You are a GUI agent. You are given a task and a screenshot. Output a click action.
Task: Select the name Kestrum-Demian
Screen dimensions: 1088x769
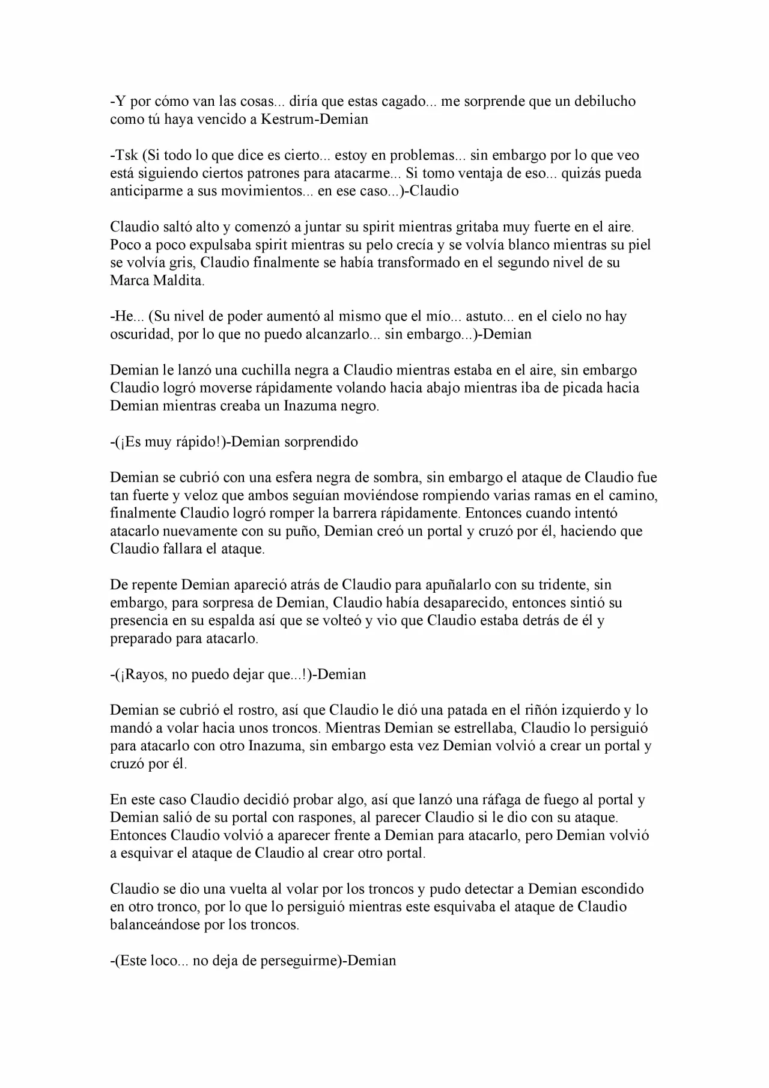[x=314, y=119]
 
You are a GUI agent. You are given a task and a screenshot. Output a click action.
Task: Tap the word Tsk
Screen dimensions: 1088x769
[x=126, y=155]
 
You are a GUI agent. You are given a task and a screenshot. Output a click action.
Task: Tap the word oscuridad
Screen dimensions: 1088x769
[x=140, y=334]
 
